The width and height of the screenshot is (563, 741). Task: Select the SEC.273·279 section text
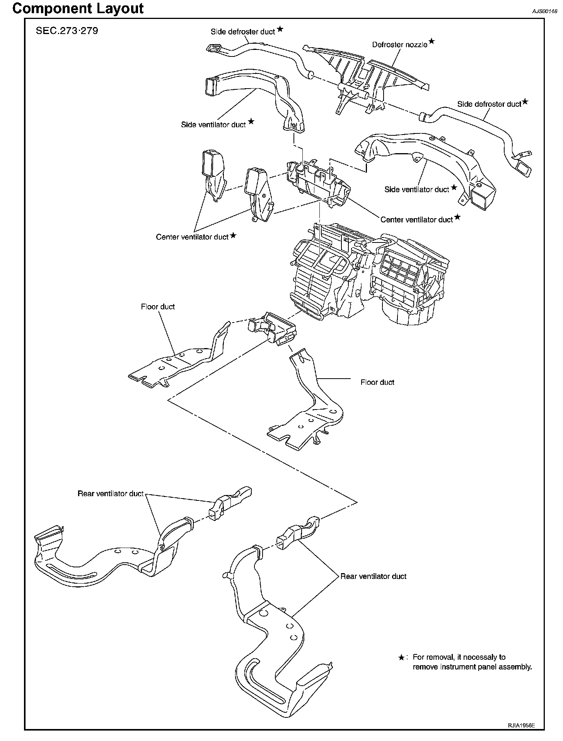[x=67, y=31]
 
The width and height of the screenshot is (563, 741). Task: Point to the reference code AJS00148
[x=544, y=11]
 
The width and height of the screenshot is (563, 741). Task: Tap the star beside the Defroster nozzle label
[x=432, y=41]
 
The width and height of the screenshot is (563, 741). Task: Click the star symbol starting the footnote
[x=401, y=657]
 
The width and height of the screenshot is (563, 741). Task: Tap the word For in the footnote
[x=418, y=657]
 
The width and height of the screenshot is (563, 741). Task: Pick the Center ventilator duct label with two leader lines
[x=192, y=237]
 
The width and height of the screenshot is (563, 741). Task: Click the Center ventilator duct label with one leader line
[x=416, y=220]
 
